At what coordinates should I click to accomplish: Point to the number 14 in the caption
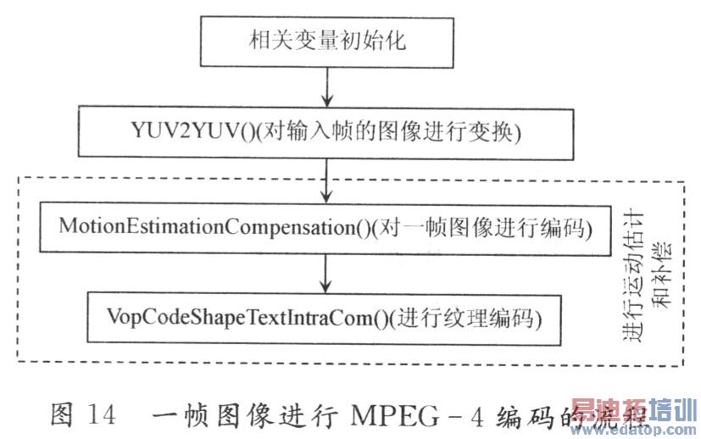(x=100, y=415)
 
